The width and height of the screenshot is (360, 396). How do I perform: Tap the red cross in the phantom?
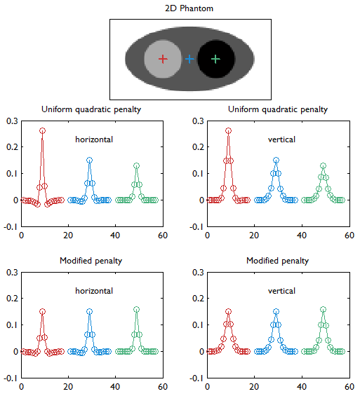163,60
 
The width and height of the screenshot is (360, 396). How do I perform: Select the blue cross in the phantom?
189,60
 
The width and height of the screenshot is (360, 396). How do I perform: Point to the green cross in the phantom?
215,60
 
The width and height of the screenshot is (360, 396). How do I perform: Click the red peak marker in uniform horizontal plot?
42,131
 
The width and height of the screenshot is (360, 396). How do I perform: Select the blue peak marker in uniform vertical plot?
276,160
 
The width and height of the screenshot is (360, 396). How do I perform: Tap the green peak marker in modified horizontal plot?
136,309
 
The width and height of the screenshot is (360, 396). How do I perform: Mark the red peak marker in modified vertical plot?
228,311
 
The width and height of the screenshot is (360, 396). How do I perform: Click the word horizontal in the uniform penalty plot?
94,139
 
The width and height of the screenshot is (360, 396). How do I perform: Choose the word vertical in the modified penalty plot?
281,291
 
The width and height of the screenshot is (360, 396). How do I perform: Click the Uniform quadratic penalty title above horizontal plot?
91,109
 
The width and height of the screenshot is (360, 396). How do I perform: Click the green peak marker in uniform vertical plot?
323,166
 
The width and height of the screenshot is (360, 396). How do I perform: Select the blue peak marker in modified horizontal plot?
89,311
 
